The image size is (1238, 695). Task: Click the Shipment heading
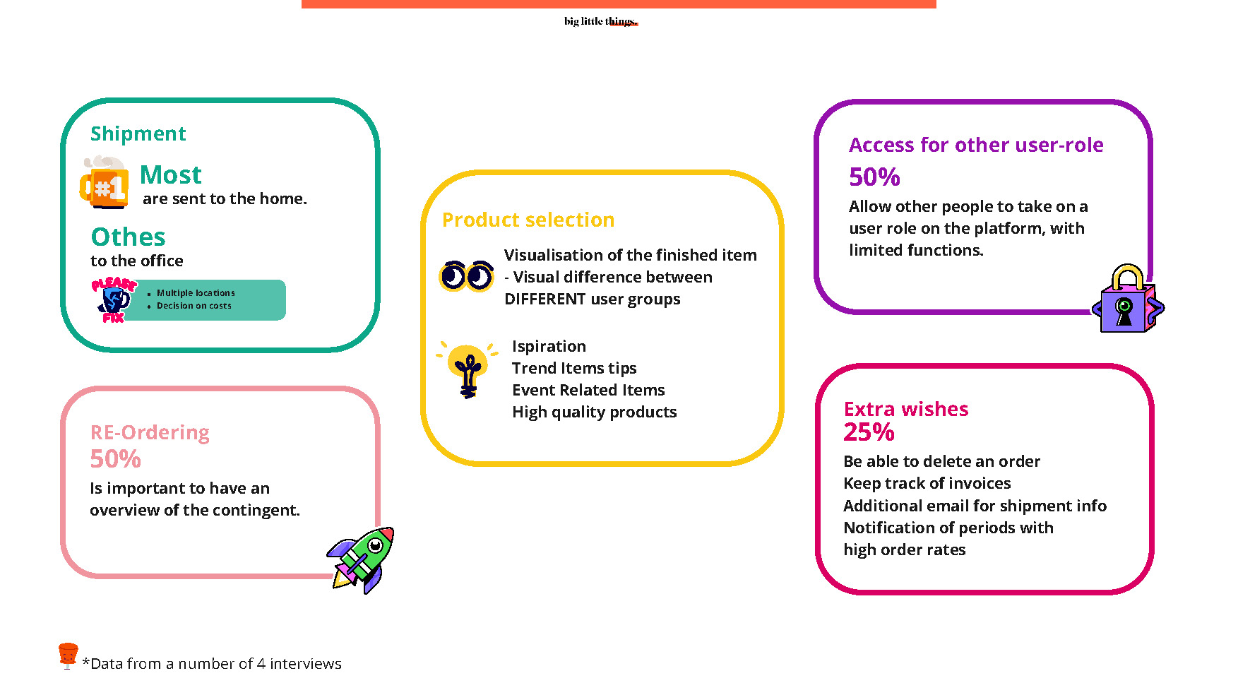138,133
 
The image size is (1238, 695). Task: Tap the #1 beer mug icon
105,182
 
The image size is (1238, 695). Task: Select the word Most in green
171,174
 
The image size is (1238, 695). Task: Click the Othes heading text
128,237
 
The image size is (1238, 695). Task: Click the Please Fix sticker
114,299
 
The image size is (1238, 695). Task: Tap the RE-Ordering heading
150,432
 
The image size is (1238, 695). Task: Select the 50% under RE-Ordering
115,459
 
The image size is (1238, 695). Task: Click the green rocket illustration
361,559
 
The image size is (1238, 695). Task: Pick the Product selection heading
528,220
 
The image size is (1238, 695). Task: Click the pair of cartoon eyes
466,275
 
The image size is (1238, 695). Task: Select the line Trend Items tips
574,368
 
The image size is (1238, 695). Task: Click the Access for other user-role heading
976,145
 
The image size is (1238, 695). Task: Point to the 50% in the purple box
874,177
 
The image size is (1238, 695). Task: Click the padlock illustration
1128,299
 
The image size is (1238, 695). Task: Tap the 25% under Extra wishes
869,432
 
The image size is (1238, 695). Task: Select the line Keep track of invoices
927,483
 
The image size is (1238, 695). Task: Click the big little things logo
601,21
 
